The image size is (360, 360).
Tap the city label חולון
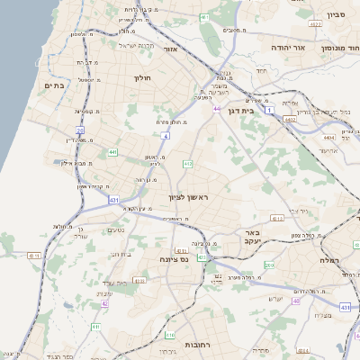[143, 77]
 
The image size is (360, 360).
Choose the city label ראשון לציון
[187, 196]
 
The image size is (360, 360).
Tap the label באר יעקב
[251, 237]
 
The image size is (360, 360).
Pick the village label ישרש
[275, 299]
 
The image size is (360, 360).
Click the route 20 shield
[79, 131]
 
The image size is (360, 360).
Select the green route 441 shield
[112, 153]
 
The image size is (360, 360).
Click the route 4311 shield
[34, 256]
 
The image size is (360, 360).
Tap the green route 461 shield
[204, 17]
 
